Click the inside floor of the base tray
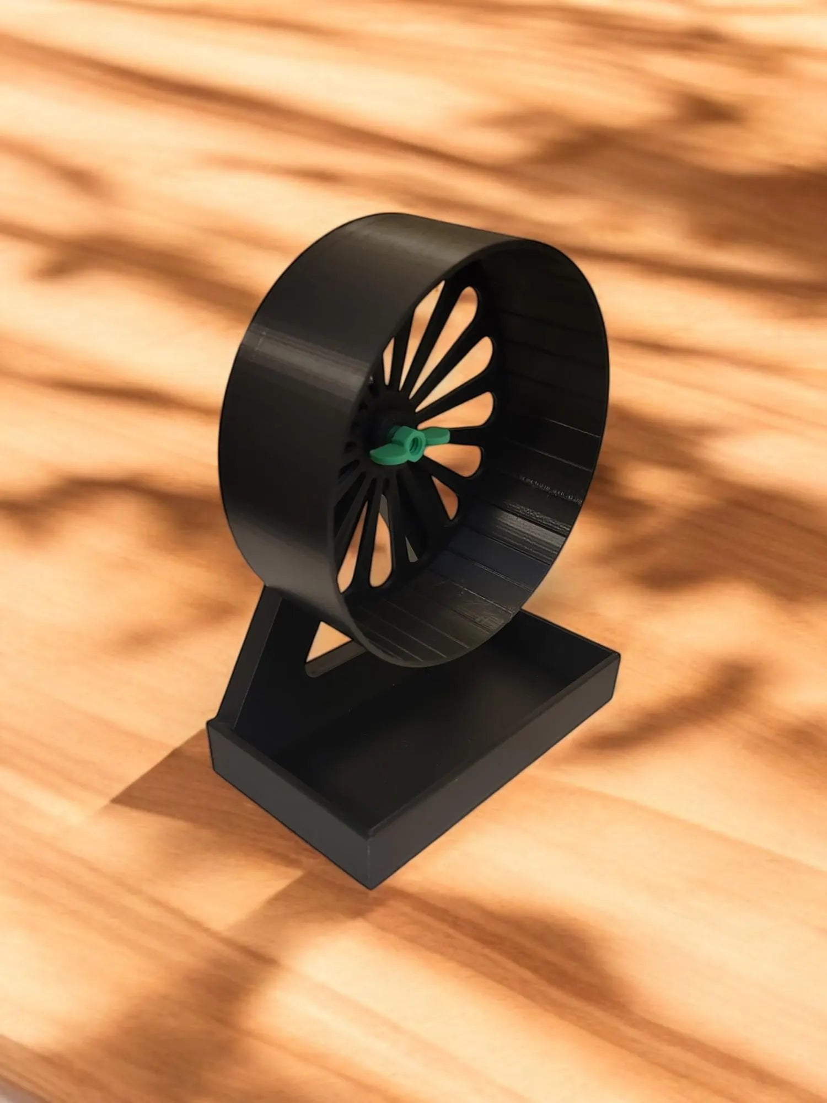tap(419, 733)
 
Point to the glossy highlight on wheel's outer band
tap(298, 353)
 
